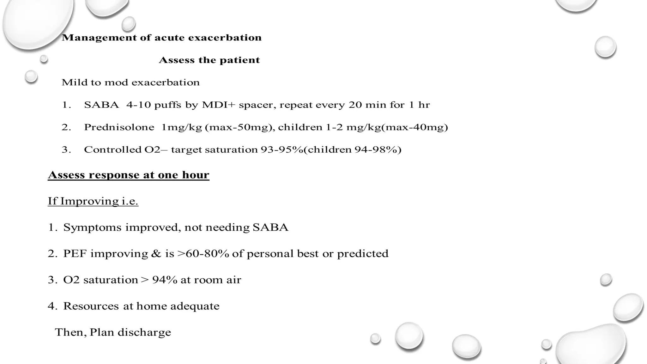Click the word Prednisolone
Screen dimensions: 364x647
(119, 127)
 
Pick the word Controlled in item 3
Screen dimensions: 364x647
(113, 149)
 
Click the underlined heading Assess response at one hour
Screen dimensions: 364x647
(129, 175)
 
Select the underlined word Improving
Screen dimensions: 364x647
(89, 201)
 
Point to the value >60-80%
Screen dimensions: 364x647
(203, 254)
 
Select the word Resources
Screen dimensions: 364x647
(91, 306)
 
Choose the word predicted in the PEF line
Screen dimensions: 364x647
(363, 254)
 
